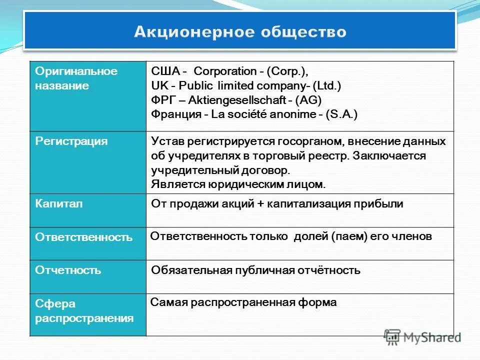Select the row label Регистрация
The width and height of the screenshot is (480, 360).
click(x=71, y=141)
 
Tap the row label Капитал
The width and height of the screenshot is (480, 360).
click(x=58, y=203)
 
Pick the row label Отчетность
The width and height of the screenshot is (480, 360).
click(x=68, y=270)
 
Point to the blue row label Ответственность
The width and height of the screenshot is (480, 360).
click(x=83, y=237)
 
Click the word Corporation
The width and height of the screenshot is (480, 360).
click(x=224, y=70)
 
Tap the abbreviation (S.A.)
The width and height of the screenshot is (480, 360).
click(x=342, y=114)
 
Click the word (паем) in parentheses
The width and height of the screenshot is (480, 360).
click(x=348, y=236)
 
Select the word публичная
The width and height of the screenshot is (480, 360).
click(x=263, y=270)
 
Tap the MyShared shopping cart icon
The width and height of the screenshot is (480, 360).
click(x=392, y=336)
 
